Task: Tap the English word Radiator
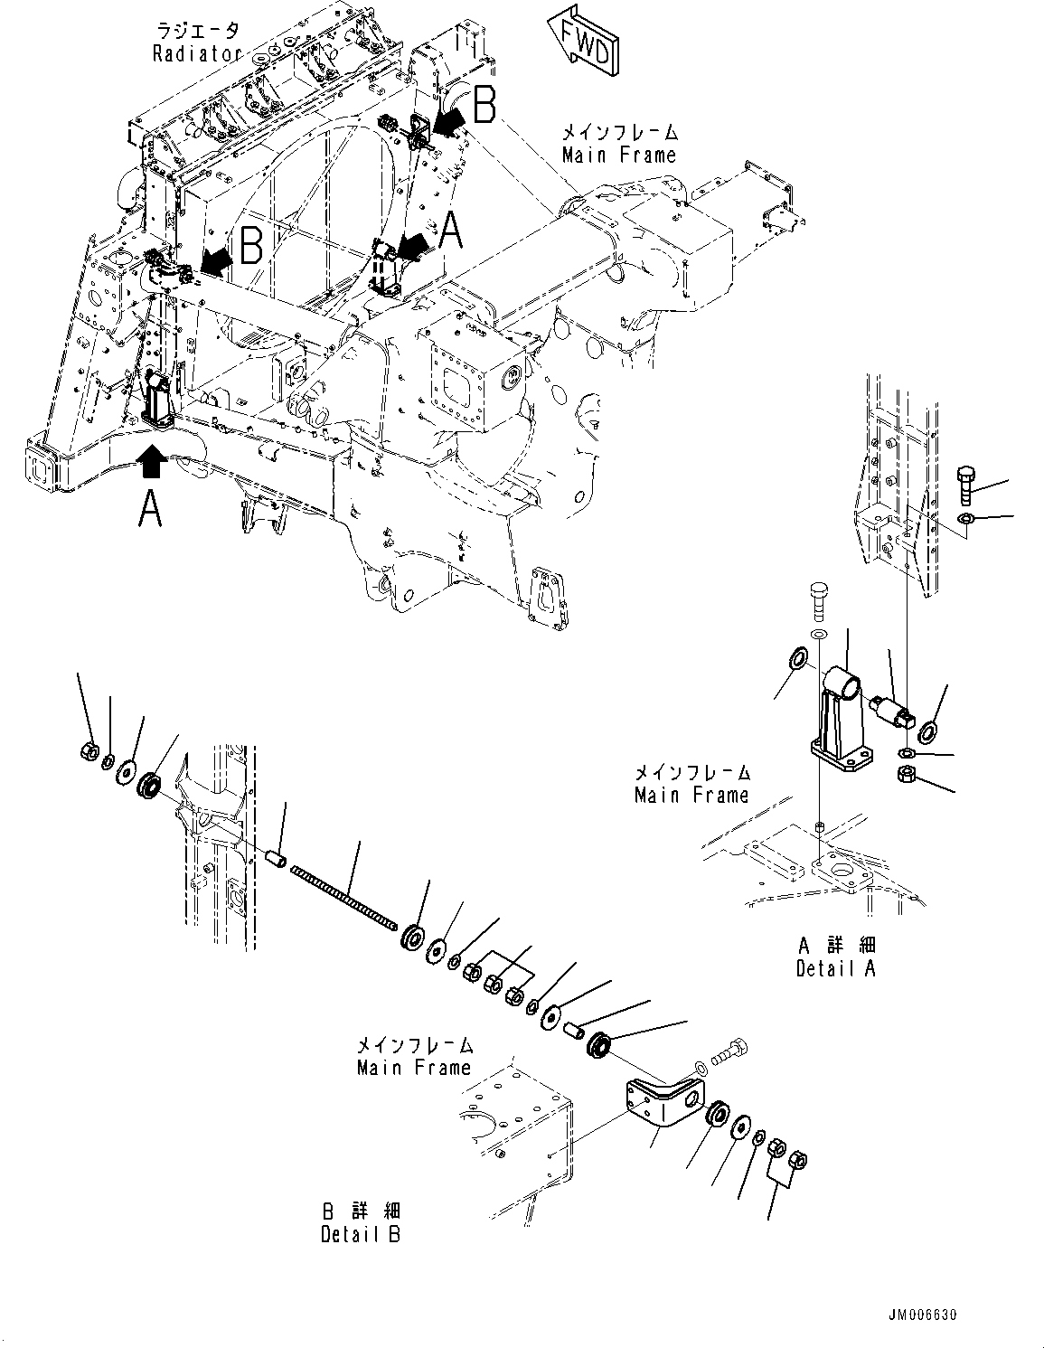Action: [197, 53]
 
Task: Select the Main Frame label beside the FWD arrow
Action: [619, 155]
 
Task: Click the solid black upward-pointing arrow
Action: [152, 460]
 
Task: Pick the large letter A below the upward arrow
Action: [150, 508]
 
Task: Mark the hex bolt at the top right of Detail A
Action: [964, 484]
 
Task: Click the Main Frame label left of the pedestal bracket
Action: [691, 784]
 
